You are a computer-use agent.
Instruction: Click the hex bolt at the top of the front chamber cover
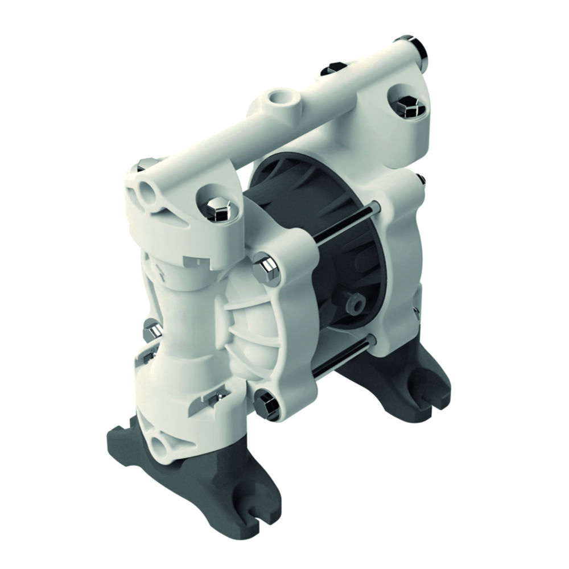tap(266, 268)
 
